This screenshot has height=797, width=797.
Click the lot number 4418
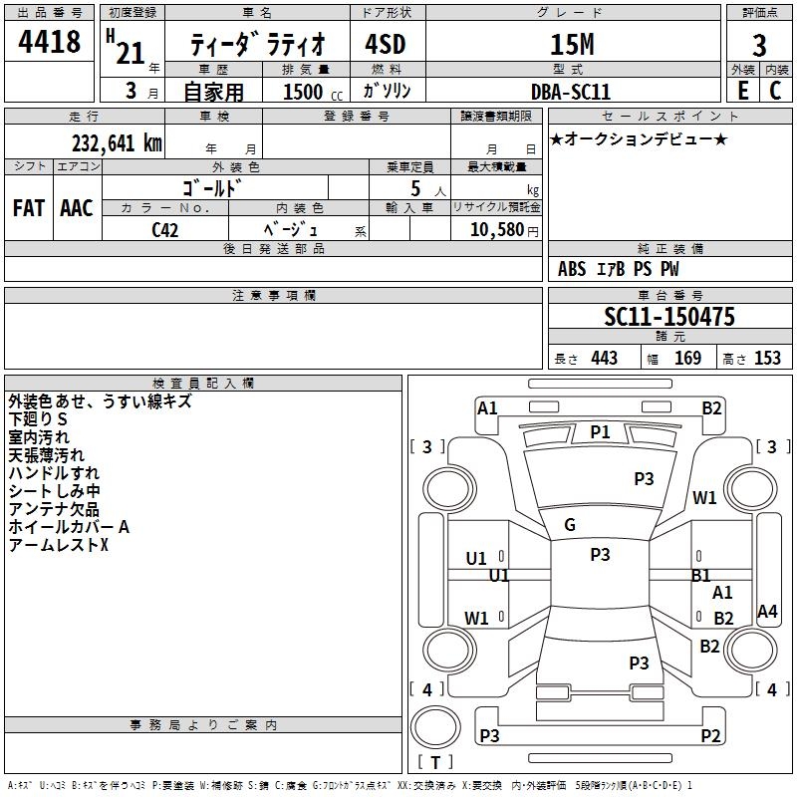(49, 42)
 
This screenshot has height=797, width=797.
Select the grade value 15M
(572, 44)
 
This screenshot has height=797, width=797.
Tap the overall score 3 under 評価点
(759, 45)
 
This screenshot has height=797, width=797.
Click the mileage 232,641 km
(117, 143)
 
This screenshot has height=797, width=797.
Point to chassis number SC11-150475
(669, 317)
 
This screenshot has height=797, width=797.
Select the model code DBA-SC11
(570, 92)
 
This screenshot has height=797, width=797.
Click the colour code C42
(165, 230)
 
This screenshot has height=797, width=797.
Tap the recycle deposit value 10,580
(497, 229)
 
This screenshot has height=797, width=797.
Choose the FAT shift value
(29, 208)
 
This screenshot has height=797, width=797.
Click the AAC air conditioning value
(77, 208)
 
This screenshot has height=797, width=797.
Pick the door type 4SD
(386, 44)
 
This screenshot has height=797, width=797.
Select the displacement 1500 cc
(313, 92)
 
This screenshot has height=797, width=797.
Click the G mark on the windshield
(570, 525)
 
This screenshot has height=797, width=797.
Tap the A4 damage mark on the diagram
(767, 611)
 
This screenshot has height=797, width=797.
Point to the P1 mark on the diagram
(600, 432)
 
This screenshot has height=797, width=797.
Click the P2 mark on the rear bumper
(710, 735)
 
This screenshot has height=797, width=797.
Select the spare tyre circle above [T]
(435, 726)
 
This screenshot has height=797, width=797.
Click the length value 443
(605, 358)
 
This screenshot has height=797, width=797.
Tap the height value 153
(767, 358)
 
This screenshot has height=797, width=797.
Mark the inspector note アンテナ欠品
(54, 509)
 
